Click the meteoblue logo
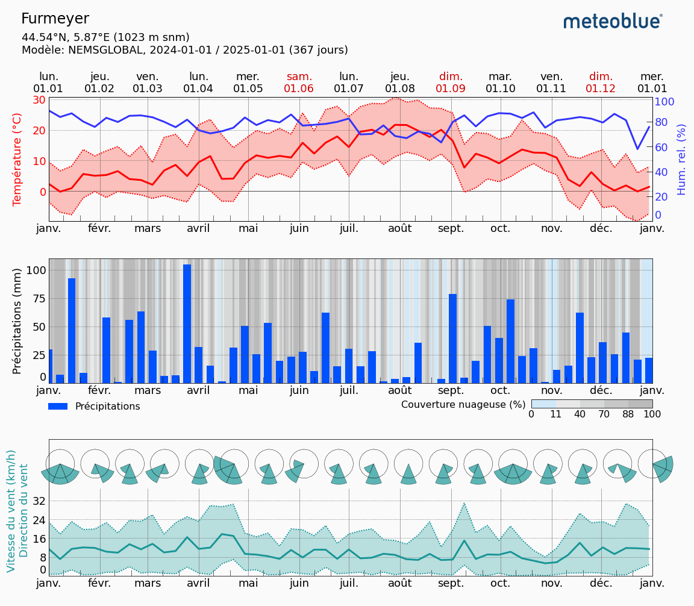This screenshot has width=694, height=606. pyautogui.click(x=613, y=22)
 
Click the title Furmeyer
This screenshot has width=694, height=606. pyautogui.click(x=55, y=19)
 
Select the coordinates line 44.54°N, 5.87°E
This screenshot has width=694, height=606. pyautogui.click(x=105, y=37)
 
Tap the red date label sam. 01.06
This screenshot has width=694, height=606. pyautogui.click(x=299, y=83)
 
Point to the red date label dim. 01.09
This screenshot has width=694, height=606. pyautogui.click(x=451, y=83)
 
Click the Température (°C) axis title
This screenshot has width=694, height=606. pyautogui.click(x=17, y=159)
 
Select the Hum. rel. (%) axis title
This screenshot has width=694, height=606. pyautogui.click(x=681, y=159)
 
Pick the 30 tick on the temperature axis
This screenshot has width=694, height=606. pyautogui.click(x=39, y=100)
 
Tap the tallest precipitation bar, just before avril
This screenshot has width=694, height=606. pyautogui.click(x=187, y=323)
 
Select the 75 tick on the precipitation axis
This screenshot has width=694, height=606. pyautogui.click(x=38, y=299)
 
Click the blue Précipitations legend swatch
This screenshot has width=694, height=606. pyautogui.click(x=58, y=407)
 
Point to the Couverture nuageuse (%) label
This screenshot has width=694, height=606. pyautogui.click(x=463, y=404)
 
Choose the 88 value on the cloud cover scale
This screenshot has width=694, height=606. pyautogui.click(x=628, y=414)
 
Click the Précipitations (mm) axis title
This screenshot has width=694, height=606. pyautogui.click(x=17, y=320)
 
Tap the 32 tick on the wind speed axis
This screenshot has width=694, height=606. pyautogui.click(x=39, y=501)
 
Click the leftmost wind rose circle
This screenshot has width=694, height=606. pyautogui.click(x=60, y=464)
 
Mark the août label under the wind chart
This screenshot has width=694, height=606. pyautogui.click(x=399, y=583)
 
